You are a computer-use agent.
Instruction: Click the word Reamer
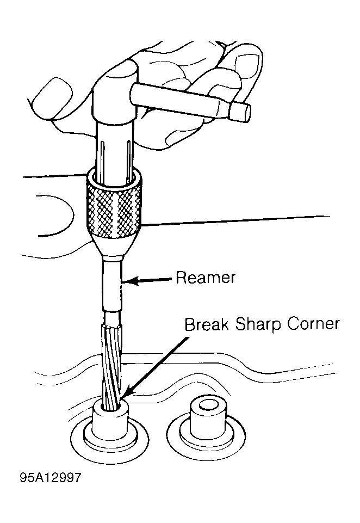tap(205, 278)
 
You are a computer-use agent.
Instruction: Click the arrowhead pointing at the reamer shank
tap(129, 281)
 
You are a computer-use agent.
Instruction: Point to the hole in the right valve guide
tap(208, 405)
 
